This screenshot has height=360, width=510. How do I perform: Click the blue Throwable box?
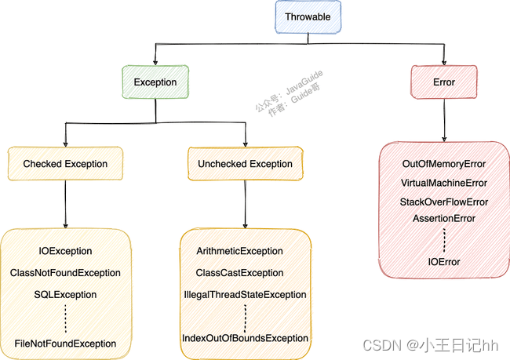[308, 17]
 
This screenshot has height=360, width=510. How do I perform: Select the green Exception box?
[155, 82]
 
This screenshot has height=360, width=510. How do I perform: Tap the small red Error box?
[444, 82]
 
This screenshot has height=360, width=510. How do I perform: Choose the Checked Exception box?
[65, 164]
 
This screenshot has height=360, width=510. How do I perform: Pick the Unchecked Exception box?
[246, 164]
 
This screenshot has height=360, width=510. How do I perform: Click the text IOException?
[65, 251]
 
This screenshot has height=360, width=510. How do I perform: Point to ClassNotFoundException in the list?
[65, 273]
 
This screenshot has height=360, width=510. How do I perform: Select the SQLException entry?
[65, 295]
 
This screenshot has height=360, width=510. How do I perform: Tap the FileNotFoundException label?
[65, 344]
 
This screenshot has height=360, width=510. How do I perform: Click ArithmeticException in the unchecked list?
[240, 251]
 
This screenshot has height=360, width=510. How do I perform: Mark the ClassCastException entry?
[240, 273]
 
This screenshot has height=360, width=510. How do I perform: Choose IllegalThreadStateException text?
[246, 295]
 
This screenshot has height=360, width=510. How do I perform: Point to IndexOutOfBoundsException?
[246, 338]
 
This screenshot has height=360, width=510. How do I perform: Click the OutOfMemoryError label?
[444, 164]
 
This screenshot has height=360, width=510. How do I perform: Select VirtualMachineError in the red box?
[444, 183]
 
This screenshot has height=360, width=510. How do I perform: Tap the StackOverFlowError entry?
[444, 202]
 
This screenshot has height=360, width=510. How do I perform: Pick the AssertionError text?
[444, 218]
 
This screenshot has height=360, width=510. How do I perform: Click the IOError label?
[444, 262]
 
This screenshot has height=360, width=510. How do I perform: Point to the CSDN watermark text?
[430, 345]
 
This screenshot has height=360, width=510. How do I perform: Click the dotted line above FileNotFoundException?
[65, 318]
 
